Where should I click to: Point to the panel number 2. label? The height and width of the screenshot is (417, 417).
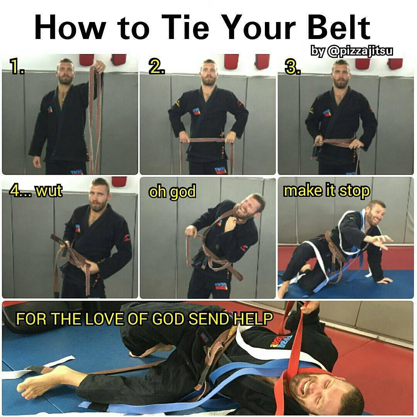tap(156, 67)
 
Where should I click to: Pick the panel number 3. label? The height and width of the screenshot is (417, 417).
tap(293, 67)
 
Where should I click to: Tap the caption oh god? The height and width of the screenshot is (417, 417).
tap(173, 192)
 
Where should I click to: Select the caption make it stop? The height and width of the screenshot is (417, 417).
tap(326, 191)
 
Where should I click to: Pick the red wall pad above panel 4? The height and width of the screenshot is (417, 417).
tap(119, 181)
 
